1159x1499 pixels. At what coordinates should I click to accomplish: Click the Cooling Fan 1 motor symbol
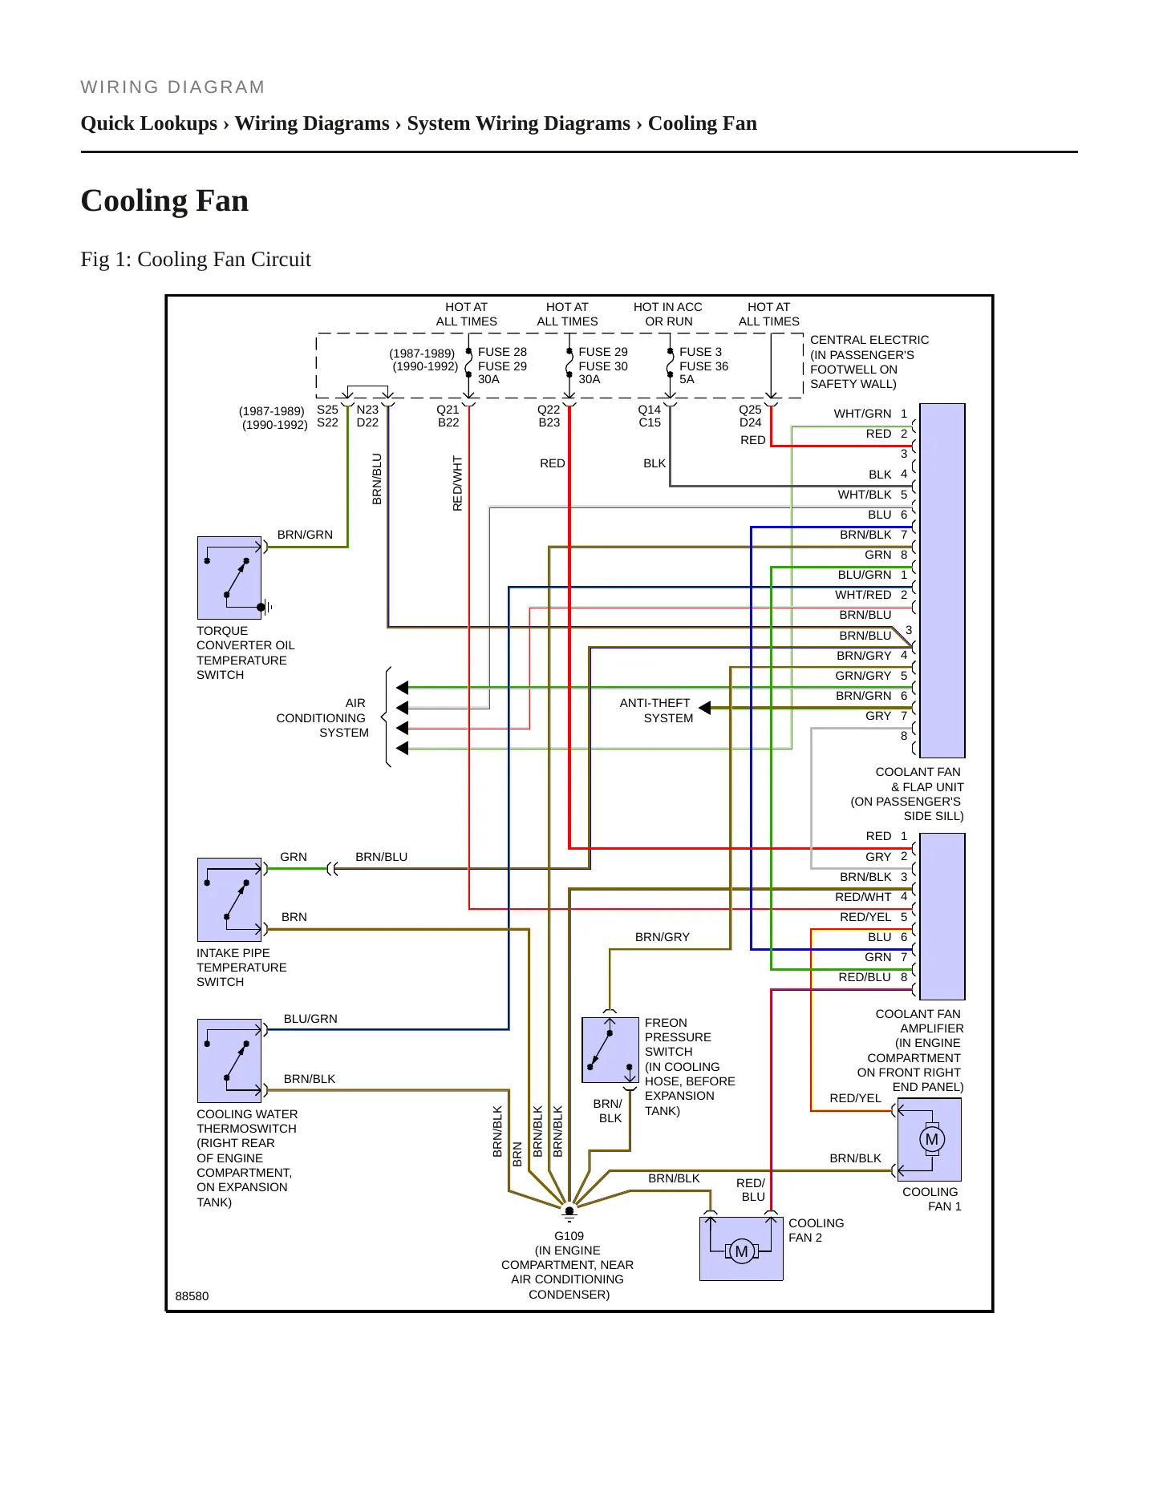931,1139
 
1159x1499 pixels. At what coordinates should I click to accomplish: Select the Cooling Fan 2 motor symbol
742,1251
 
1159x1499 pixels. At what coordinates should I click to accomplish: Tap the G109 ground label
569,1236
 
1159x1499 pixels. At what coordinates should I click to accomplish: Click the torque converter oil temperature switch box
229,578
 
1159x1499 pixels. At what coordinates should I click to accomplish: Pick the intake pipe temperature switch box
229,899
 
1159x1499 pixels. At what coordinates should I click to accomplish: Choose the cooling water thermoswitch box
229,1061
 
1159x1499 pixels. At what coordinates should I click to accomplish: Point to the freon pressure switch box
610,1050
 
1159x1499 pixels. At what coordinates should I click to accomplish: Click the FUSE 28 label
502,352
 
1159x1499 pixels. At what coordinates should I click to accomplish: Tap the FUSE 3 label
700,352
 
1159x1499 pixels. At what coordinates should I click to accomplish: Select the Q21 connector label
448,410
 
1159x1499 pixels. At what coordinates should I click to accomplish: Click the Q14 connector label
650,410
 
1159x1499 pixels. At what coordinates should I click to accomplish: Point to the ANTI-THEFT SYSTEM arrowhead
704,708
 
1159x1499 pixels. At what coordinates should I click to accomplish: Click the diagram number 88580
192,1296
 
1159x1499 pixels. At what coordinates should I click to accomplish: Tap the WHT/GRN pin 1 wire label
862,414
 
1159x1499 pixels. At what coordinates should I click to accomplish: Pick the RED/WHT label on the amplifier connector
863,897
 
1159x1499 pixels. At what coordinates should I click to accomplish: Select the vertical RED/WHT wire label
457,483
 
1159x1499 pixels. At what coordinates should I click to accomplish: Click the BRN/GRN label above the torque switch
305,535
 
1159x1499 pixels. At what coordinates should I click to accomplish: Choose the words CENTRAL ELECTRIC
869,340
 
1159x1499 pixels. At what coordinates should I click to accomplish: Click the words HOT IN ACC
667,307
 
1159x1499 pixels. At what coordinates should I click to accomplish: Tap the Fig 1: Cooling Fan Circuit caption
196,260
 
